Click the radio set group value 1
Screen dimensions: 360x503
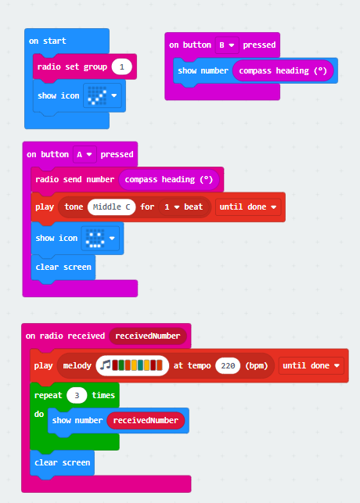pyautogui.click(x=121, y=67)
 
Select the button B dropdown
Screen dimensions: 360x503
pyautogui.click(x=226, y=45)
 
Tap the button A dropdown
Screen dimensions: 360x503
pyautogui.click(x=85, y=155)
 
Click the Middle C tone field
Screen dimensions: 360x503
pyautogui.click(x=111, y=207)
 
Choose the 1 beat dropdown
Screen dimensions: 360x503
pyautogui.click(x=184, y=207)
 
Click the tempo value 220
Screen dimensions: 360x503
pyautogui.click(x=228, y=365)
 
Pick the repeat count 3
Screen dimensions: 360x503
pyautogui.click(x=77, y=396)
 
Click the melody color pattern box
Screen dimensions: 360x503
pyautogui.click(x=132, y=365)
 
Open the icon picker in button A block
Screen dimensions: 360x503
pyautogui.click(x=100, y=238)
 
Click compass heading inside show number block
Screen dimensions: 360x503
pyautogui.click(x=283, y=71)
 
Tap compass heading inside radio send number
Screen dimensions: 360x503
pyautogui.click(x=169, y=180)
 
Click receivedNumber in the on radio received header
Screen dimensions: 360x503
pyautogui.click(x=148, y=336)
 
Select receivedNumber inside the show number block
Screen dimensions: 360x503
pyautogui.click(x=146, y=421)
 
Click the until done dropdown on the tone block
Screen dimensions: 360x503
pyautogui.click(x=248, y=207)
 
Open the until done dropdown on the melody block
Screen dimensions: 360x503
pyautogui.click(x=311, y=365)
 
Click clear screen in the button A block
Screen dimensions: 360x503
pyautogui.click(x=63, y=268)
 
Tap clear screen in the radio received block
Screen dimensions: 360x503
pyautogui.click(x=63, y=462)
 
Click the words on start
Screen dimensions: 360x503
pyautogui.click(x=48, y=41)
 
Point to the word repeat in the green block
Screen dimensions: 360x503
pyautogui.click(x=48, y=396)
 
